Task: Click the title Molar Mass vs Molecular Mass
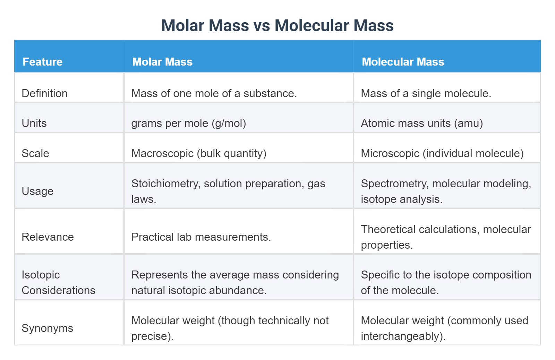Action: (x=277, y=26)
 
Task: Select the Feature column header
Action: (x=42, y=62)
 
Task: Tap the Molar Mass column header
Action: (x=162, y=62)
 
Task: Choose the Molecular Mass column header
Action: (x=403, y=62)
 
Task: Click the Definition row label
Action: (x=44, y=93)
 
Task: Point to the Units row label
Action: (x=34, y=123)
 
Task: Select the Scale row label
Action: (x=35, y=153)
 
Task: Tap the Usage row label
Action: (x=37, y=191)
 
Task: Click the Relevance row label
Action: (x=48, y=237)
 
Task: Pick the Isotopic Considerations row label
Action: (x=58, y=282)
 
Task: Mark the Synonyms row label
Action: (x=47, y=328)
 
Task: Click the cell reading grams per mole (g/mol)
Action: (x=188, y=123)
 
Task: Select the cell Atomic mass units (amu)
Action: (x=421, y=123)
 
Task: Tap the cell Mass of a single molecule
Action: (x=426, y=93)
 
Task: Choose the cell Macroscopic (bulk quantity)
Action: (x=199, y=153)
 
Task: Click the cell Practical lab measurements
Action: (x=201, y=237)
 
